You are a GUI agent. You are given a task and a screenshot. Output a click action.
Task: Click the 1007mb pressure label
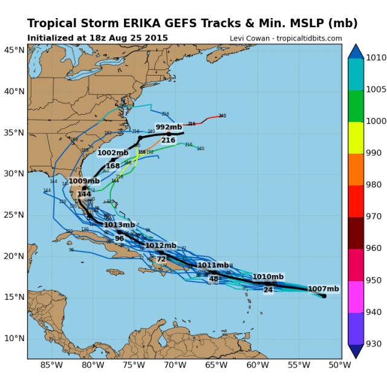[x=324, y=288]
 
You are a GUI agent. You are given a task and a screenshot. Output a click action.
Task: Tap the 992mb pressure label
[x=169, y=127]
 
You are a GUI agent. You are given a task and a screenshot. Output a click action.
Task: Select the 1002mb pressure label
[x=113, y=153]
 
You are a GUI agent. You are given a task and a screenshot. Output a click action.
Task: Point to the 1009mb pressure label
[x=84, y=181]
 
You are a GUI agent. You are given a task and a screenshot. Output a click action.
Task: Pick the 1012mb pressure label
[x=161, y=246]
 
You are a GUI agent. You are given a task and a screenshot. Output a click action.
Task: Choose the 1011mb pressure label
[x=213, y=265]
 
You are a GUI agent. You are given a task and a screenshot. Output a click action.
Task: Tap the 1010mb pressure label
[x=268, y=276]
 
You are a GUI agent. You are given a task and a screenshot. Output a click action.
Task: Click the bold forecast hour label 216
[x=168, y=140]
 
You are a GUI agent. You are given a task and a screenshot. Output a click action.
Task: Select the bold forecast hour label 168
[x=112, y=166]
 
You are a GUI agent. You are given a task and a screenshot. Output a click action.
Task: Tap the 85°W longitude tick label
[x=51, y=365]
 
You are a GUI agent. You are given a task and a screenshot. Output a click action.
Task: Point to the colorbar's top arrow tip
[x=356, y=45]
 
